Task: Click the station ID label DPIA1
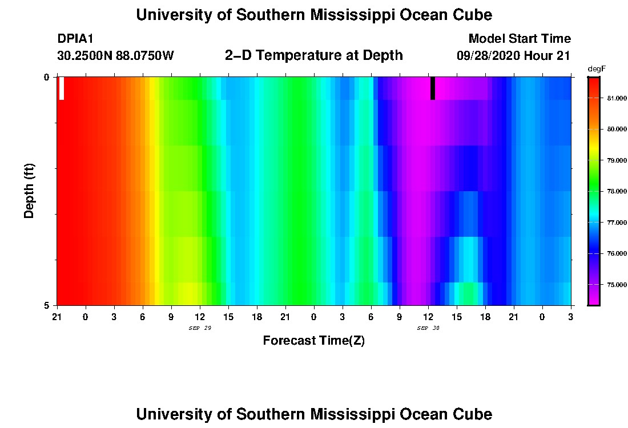75,39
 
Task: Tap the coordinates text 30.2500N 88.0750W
115,56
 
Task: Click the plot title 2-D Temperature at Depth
314,55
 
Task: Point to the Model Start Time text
520,39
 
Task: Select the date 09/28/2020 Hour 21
514,56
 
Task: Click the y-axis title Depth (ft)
30,191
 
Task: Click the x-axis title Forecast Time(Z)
313,341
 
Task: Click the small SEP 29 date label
200,328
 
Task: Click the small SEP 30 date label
428,328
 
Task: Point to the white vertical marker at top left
62,88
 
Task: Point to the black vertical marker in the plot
433,88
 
